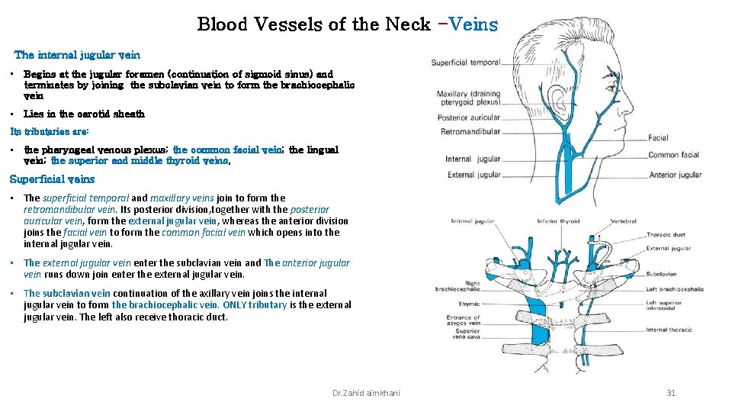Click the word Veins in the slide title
[x=473, y=24]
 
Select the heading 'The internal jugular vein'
[x=77, y=55]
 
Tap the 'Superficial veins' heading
[x=52, y=179]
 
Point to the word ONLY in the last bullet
[x=235, y=305]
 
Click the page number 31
[x=671, y=393]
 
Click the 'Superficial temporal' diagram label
[x=465, y=63]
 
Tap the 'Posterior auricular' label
[x=468, y=117]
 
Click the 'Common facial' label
[x=673, y=155]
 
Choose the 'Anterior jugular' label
[x=675, y=175]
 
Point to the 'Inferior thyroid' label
[x=558, y=222]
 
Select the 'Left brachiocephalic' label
[x=675, y=289]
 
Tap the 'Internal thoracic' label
[x=669, y=330]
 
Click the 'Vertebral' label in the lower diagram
[x=624, y=222]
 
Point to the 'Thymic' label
[x=469, y=304]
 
